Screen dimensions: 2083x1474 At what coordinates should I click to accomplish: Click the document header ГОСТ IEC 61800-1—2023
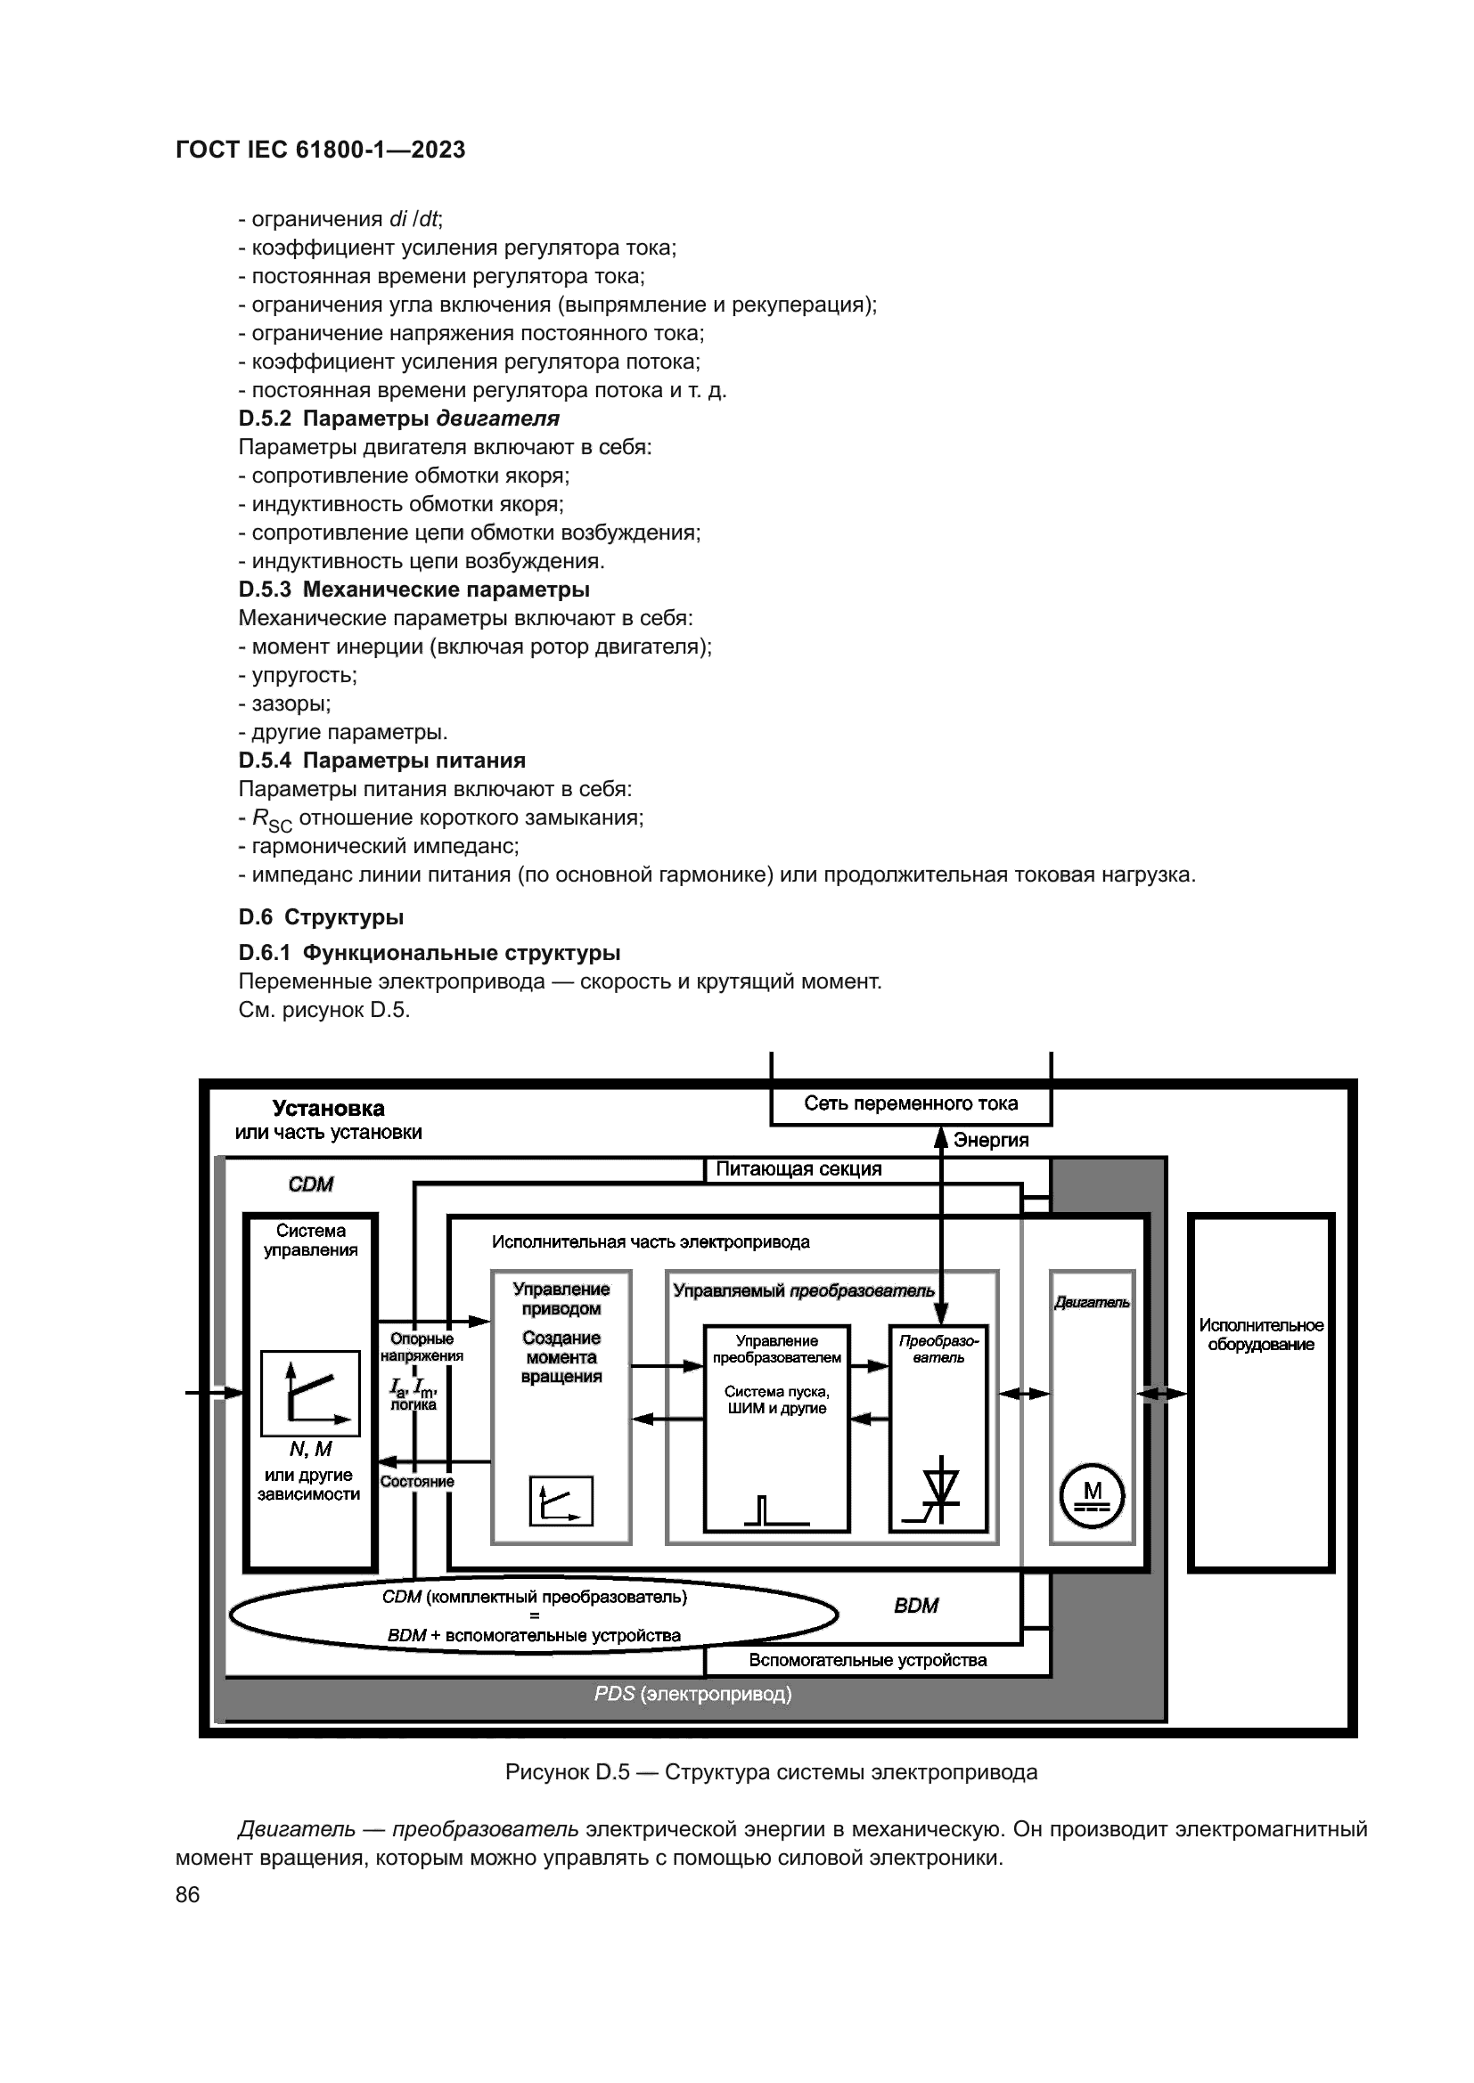(321, 151)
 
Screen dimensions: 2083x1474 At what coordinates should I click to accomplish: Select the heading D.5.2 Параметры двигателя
(398, 419)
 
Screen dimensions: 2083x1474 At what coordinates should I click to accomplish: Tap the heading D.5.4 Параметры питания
(382, 761)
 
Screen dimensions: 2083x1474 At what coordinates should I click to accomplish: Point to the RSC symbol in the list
(272, 820)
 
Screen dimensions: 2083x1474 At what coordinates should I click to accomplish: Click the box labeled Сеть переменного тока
(911, 1104)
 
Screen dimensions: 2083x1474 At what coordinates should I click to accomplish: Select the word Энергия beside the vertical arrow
(990, 1141)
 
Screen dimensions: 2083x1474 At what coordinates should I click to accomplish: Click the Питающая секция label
(798, 1169)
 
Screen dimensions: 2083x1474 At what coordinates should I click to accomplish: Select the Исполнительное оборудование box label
(1261, 1335)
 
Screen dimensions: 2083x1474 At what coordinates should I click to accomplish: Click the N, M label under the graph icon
(310, 1450)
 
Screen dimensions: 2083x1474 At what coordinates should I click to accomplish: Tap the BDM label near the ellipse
(916, 1606)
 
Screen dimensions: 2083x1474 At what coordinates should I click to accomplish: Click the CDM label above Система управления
(310, 1184)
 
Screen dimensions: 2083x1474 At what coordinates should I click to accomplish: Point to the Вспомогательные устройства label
(868, 1660)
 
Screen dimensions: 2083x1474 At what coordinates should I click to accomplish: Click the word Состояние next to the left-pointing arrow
(416, 1482)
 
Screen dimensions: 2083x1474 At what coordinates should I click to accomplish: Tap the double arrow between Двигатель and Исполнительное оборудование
(1162, 1394)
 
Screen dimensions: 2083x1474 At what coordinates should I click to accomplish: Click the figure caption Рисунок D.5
(771, 1773)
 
